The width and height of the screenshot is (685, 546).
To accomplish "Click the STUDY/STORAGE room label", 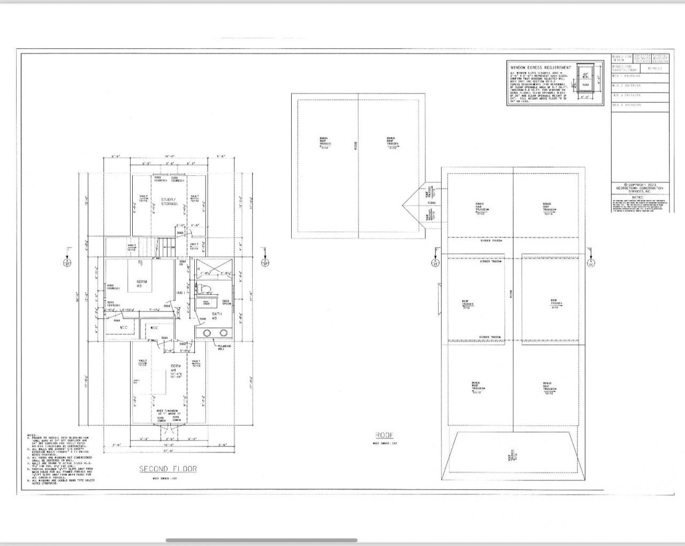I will [x=169, y=201].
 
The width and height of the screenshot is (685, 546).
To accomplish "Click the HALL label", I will [x=181, y=293].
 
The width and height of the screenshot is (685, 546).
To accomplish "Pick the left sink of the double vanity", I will [x=208, y=334].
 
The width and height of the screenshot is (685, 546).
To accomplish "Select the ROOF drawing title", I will [x=384, y=435].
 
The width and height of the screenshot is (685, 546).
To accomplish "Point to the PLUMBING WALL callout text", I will [x=239, y=348].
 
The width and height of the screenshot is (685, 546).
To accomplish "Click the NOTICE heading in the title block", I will [x=640, y=196].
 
